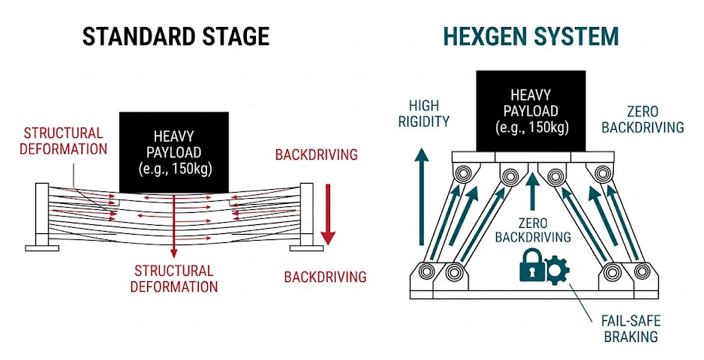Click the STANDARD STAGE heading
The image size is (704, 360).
(x=175, y=35)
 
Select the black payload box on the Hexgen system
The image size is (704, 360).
(x=530, y=112)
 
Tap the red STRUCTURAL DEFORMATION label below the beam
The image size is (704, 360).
(x=173, y=277)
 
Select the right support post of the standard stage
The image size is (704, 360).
(x=306, y=217)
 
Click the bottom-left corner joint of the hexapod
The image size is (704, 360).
(x=430, y=271)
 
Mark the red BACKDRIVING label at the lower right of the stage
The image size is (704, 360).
(x=325, y=277)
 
